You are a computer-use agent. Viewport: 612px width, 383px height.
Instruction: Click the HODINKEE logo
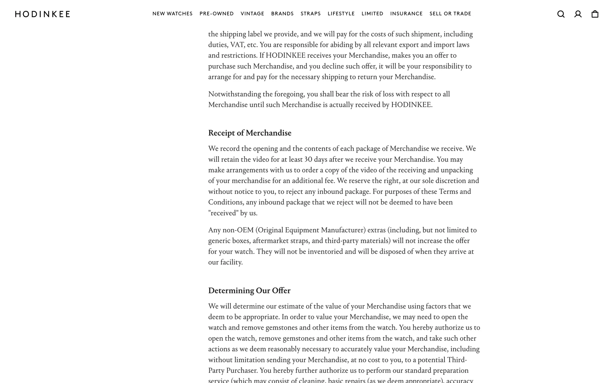coord(42,14)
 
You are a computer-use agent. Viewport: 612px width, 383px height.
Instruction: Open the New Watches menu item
coord(172,14)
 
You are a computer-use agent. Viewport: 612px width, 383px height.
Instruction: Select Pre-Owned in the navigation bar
coord(216,14)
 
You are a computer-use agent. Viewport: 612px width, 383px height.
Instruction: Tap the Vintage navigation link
coord(252,14)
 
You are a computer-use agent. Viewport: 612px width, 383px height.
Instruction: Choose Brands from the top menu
coord(282,14)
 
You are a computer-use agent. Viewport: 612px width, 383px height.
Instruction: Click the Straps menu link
coord(310,14)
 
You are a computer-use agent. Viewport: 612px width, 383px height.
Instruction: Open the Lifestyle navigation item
coord(341,14)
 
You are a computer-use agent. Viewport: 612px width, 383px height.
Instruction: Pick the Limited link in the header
coord(372,14)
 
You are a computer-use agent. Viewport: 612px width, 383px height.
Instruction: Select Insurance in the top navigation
coord(406,14)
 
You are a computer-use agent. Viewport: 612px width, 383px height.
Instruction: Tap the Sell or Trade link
coord(450,14)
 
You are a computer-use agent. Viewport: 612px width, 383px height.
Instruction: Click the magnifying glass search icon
coord(561,14)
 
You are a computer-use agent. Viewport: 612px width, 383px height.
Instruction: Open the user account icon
coord(578,14)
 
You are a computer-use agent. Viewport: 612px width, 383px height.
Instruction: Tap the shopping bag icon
coord(595,14)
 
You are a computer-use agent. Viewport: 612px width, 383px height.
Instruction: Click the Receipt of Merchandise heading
coord(250,133)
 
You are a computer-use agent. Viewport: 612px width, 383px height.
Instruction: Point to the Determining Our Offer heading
coord(249,291)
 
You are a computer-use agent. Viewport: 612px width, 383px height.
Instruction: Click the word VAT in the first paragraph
coord(239,45)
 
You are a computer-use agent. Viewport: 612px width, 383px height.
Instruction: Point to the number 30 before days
coord(308,159)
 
